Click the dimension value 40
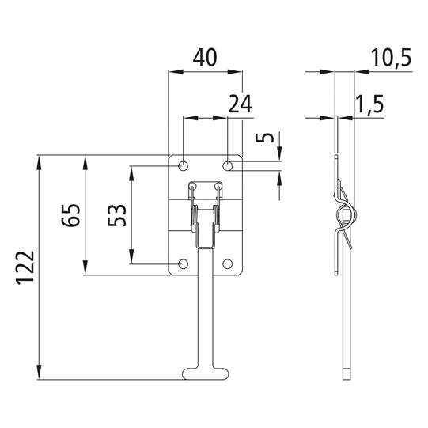point(204,58)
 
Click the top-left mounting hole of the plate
point(183,166)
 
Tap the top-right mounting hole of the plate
point(228,166)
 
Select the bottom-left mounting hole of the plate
point(183,263)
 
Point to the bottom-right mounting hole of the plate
point(228,263)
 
